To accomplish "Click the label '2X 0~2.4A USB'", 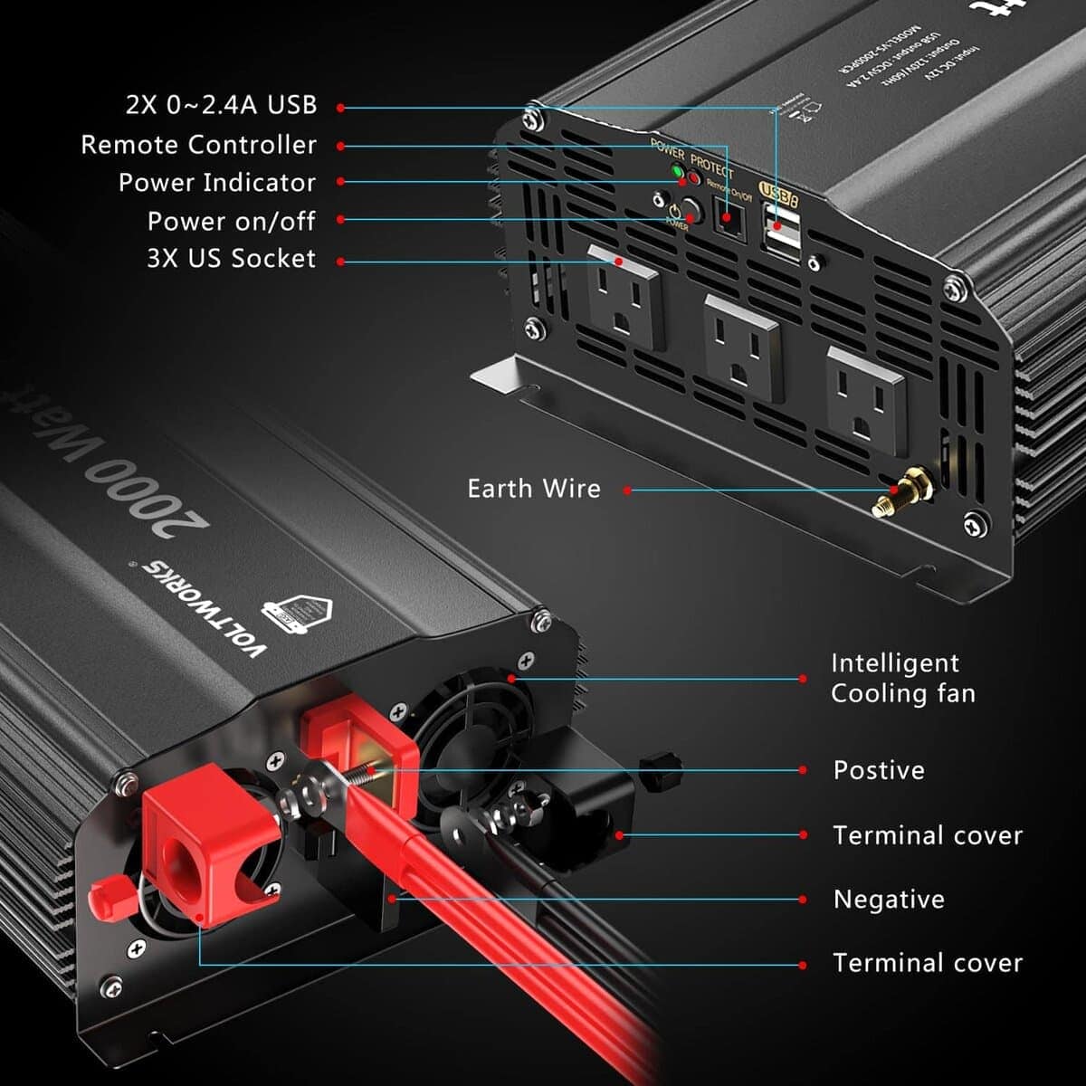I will click(221, 105).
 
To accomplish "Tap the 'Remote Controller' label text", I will click(199, 145).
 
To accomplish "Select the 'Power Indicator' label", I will click(217, 183).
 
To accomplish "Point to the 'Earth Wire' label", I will click(534, 489).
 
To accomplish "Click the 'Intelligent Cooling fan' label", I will click(902, 679).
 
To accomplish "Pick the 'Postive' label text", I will click(879, 770).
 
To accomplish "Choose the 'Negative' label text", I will click(876, 900).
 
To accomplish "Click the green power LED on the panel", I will click(676, 172).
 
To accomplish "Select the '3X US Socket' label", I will click(231, 259).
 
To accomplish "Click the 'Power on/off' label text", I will click(231, 221).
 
